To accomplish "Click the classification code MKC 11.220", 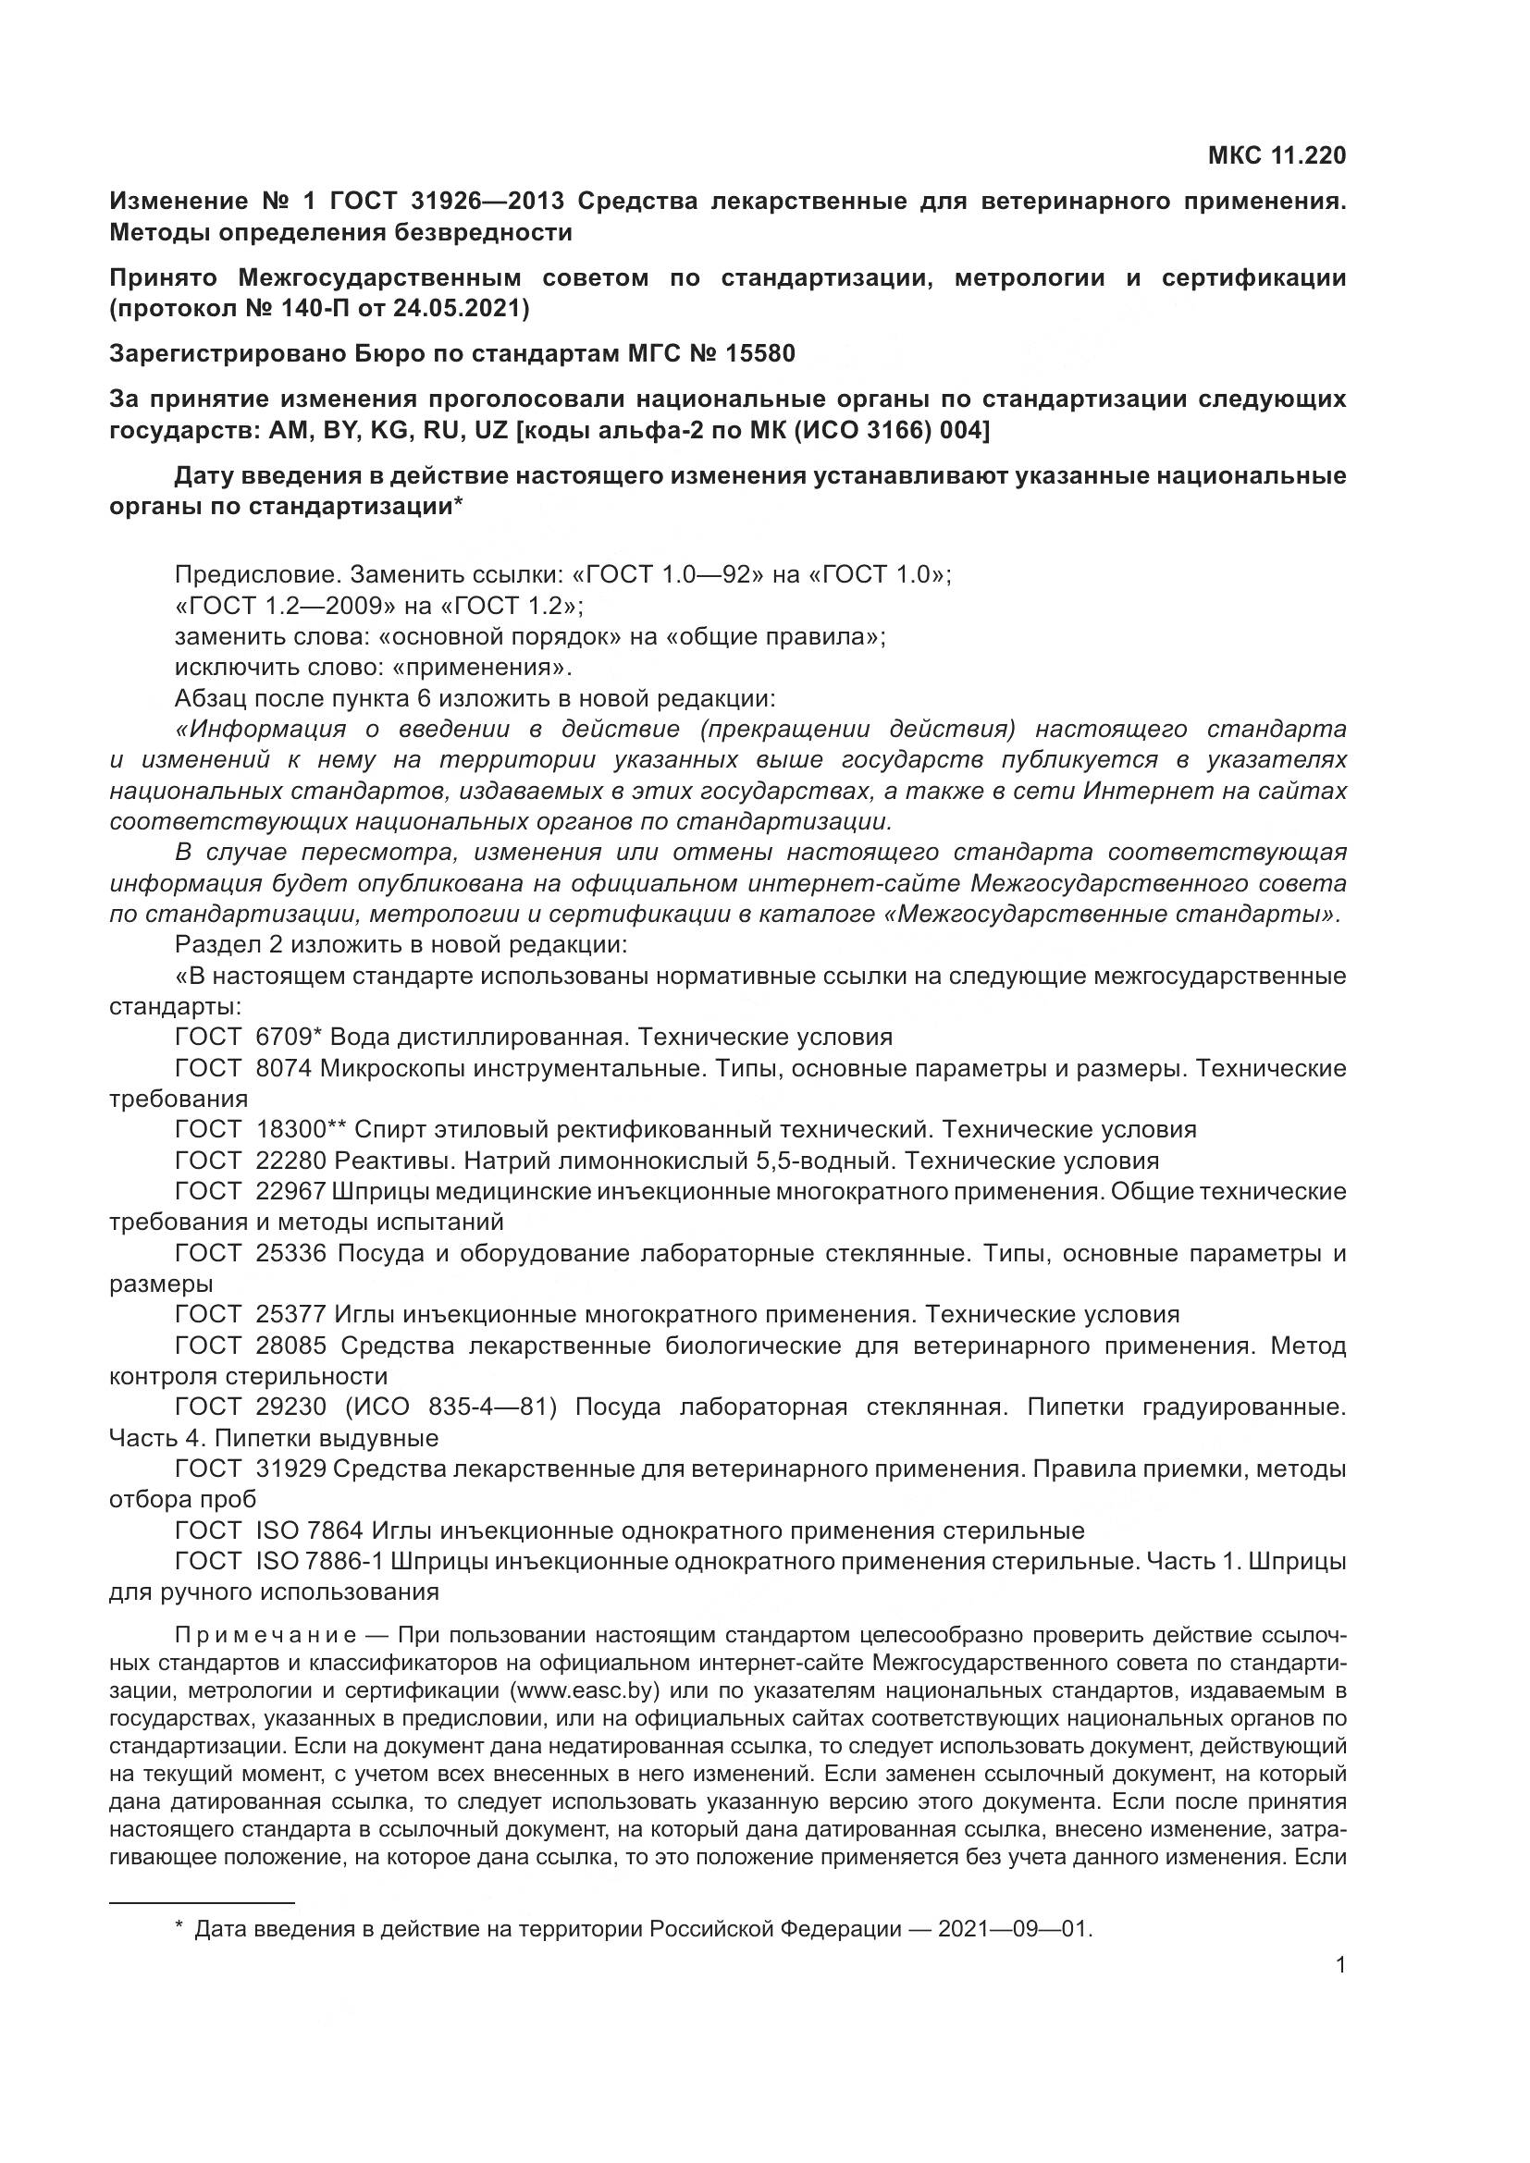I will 1277,155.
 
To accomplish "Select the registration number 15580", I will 760,354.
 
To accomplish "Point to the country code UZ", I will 492,431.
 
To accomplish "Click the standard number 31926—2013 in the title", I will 488,201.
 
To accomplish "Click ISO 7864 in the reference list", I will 309,1530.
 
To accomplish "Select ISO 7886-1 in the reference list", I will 319,1562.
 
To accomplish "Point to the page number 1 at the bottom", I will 1340,1965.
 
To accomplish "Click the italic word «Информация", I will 254,729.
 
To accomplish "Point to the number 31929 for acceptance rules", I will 291,1469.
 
